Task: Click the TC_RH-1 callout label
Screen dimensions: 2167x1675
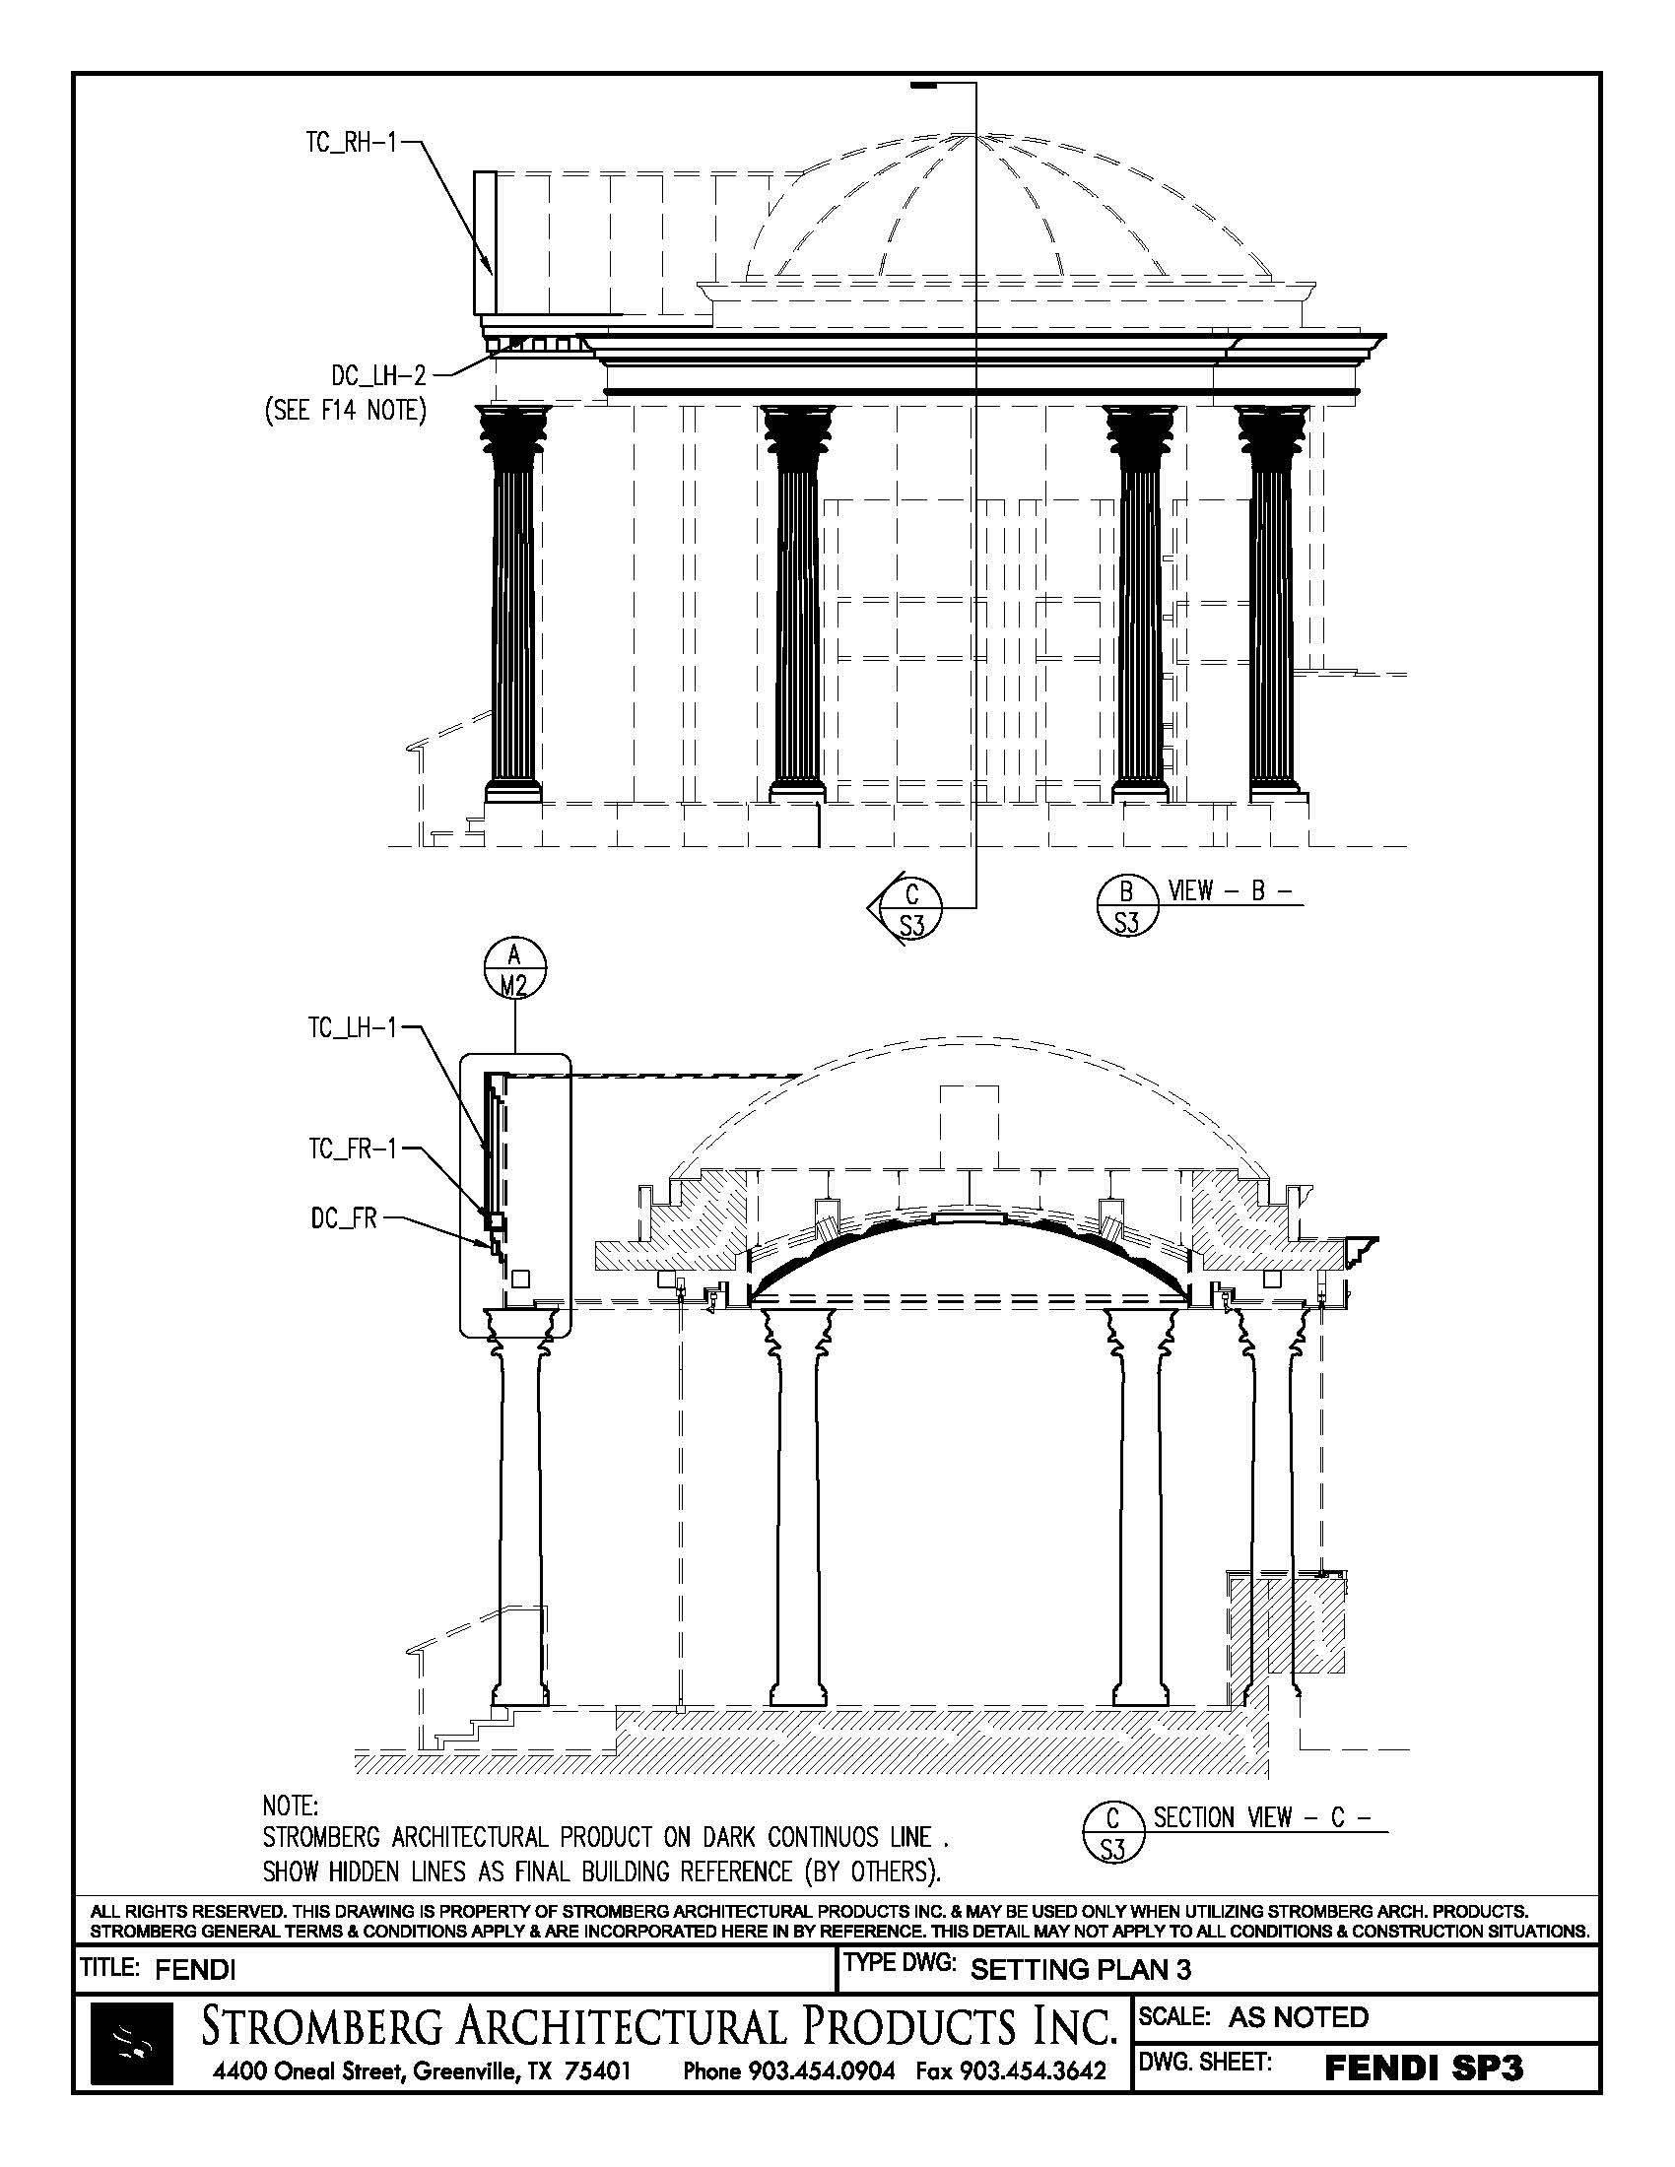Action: pos(351,142)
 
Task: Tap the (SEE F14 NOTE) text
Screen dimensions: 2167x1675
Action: pos(345,410)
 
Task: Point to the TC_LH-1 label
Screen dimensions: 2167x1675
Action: pos(352,1028)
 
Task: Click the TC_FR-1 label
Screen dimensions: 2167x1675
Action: pos(352,1149)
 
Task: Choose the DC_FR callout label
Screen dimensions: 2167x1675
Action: pos(344,1218)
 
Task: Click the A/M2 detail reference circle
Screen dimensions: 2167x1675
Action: pos(515,967)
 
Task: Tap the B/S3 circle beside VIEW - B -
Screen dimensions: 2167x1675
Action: pos(1126,906)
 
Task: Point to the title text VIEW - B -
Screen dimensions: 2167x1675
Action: pos(1231,891)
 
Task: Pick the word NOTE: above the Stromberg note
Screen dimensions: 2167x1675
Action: pos(291,1805)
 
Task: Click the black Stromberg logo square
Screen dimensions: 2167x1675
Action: pos(132,2044)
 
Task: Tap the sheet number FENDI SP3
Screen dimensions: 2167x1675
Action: pos(1423,2068)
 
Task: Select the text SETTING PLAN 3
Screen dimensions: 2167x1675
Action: pos(1081,1970)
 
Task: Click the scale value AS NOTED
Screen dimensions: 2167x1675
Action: pos(1298,2017)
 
